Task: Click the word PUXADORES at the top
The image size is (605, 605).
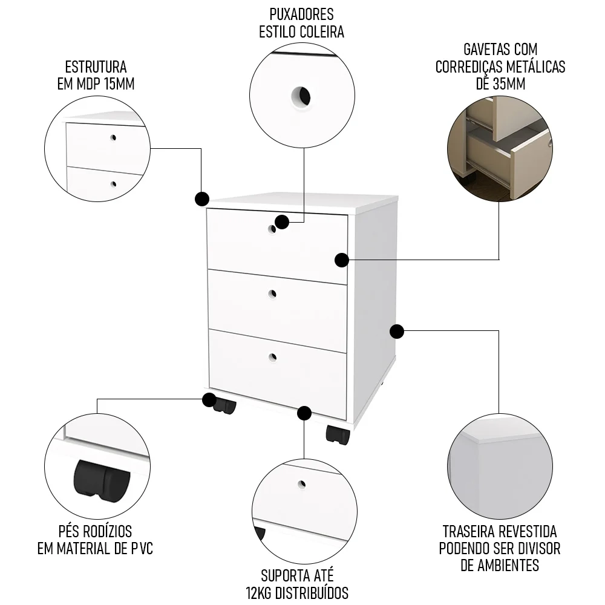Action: [x=301, y=14]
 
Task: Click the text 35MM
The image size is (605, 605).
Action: [x=510, y=84]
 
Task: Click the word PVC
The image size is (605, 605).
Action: [x=139, y=549]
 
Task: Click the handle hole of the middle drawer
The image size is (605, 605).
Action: [x=272, y=294]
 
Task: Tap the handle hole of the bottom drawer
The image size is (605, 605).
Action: [x=272, y=357]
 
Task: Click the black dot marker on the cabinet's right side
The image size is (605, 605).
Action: [x=397, y=331]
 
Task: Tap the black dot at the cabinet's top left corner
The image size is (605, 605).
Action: [x=201, y=198]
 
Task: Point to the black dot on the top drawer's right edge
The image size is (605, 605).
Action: [x=342, y=260]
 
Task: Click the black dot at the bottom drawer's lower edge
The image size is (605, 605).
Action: [x=304, y=413]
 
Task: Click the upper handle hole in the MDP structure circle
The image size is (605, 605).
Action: [x=113, y=138]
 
